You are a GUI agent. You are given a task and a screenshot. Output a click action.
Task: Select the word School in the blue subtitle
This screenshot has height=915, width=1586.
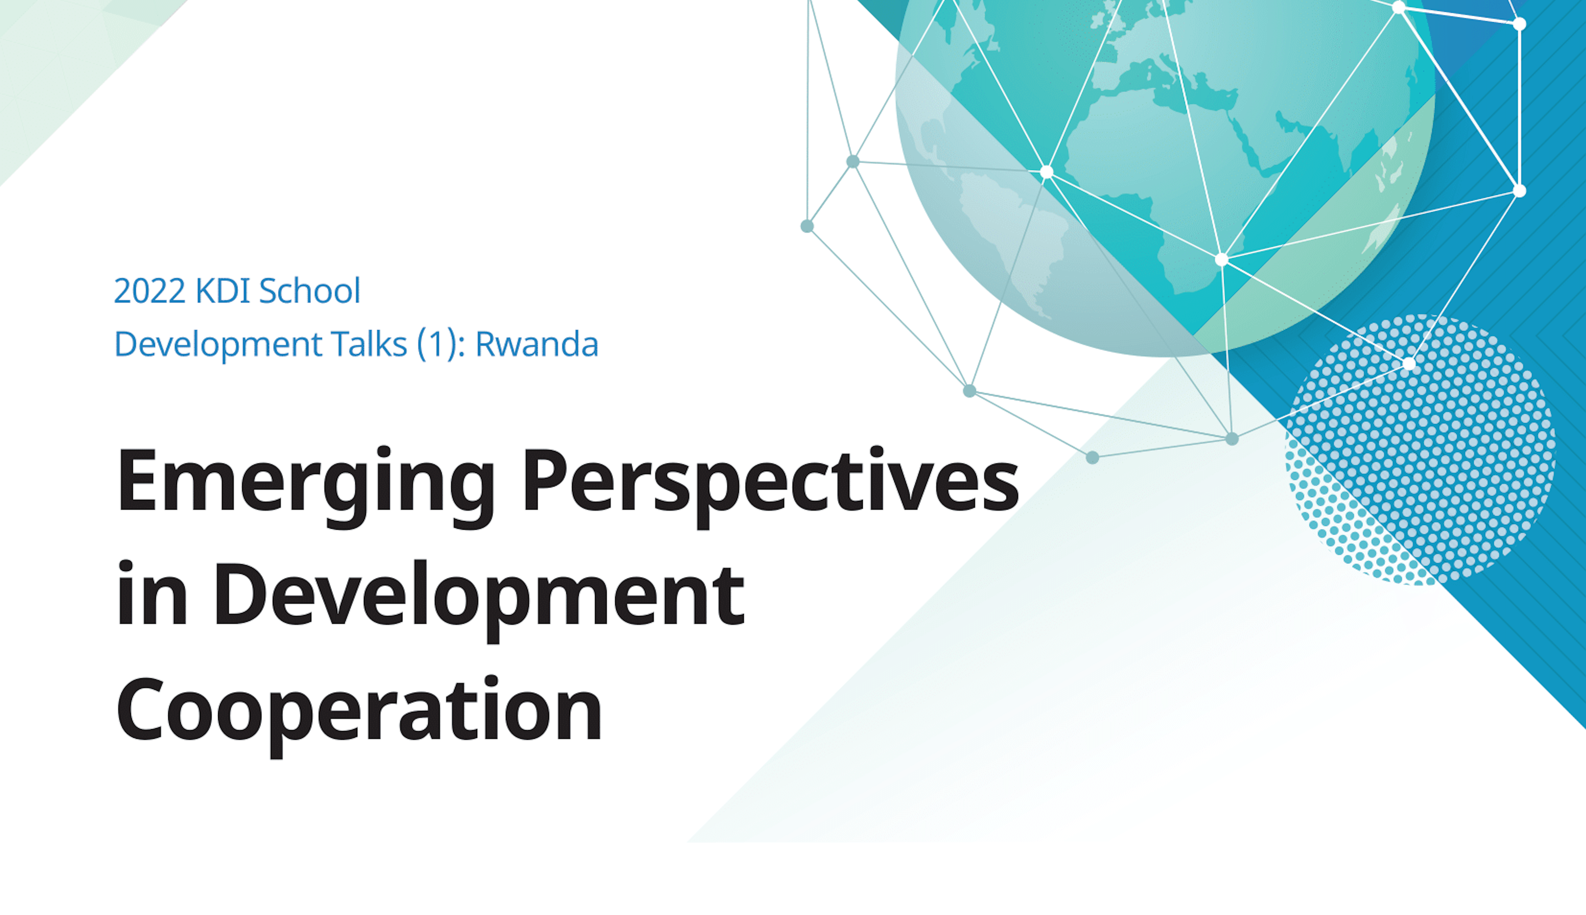pos(310,291)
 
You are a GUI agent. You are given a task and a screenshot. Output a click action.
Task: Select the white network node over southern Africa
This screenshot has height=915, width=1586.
pos(1222,259)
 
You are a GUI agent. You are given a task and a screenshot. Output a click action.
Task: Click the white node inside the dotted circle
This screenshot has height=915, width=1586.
pos(1409,363)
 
